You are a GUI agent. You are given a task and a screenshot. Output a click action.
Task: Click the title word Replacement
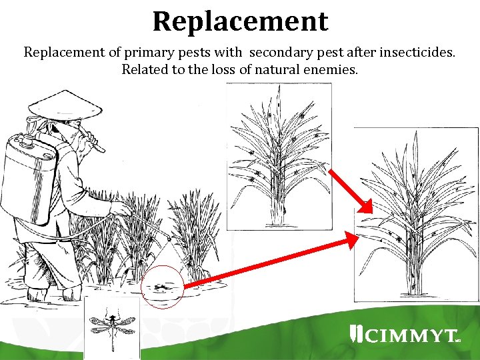[x=240, y=21]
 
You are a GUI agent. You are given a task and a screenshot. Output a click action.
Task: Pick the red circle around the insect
[x=162, y=287]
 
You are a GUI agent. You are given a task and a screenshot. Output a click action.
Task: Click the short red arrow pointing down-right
[x=351, y=191]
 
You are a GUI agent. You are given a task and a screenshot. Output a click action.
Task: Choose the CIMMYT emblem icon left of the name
[x=356, y=334]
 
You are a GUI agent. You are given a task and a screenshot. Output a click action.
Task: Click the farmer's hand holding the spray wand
[x=121, y=209]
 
